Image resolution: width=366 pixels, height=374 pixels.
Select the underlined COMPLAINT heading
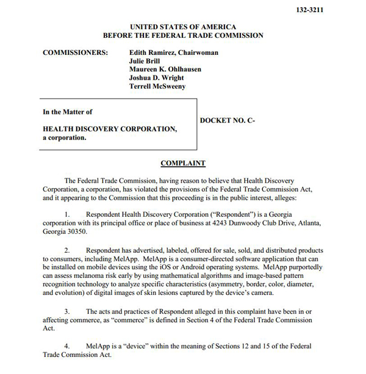[x=183, y=163]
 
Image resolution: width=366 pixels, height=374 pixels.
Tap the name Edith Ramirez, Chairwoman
[x=174, y=52]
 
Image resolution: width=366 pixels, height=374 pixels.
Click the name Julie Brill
[x=146, y=61]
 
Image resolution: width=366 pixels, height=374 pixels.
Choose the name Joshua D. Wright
[x=156, y=78]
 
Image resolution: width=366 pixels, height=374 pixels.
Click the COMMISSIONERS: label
[x=76, y=52]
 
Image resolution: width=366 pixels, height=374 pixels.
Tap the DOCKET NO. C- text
[x=228, y=121]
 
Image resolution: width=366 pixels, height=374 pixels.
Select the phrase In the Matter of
[x=68, y=112]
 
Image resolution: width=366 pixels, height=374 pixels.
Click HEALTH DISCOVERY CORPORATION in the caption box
[x=110, y=129]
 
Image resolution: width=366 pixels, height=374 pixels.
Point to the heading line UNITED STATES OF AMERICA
[x=183, y=27]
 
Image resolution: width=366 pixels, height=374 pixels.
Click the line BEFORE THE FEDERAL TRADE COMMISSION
[x=183, y=35]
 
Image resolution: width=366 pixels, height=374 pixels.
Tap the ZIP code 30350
[x=75, y=232]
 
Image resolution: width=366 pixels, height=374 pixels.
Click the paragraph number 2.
[x=68, y=250]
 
